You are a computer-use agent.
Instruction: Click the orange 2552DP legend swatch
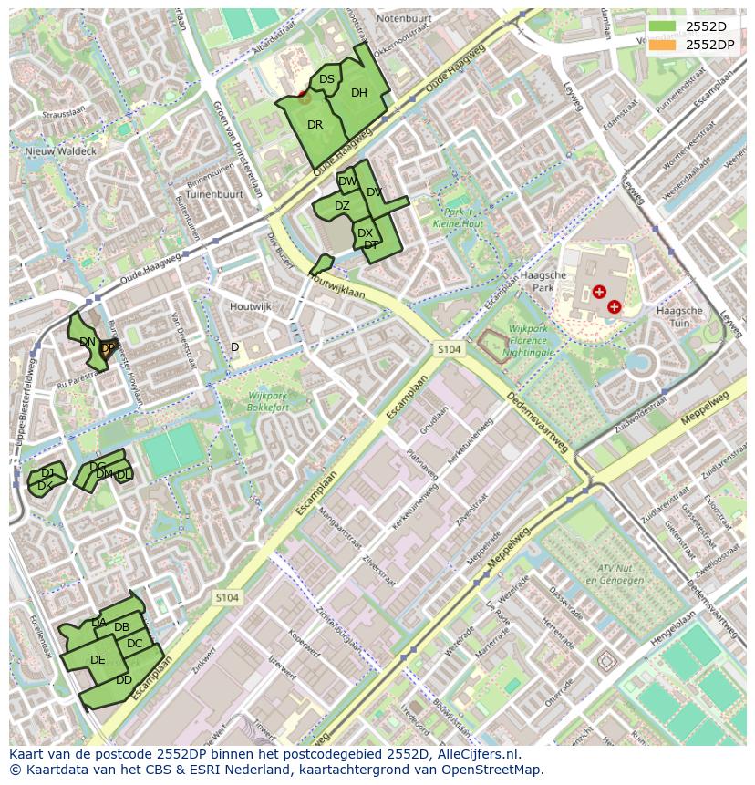point(663,45)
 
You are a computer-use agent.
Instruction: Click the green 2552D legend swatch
point(663,26)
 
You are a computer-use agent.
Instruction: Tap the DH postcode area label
point(359,93)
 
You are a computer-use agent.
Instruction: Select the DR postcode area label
point(315,125)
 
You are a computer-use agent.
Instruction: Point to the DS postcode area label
point(326,79)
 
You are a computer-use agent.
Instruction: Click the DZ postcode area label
point(342,206)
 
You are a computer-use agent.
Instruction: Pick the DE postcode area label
point(98,660)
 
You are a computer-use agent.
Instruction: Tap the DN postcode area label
point(88,342)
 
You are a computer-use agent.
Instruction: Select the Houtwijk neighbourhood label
point(251,307)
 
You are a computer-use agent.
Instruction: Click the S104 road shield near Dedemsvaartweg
point(449,349)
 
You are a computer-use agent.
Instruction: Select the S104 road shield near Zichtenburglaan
point(227,597)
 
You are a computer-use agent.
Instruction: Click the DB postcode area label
point(121,627)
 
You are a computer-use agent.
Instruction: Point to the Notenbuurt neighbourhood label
point(403,18)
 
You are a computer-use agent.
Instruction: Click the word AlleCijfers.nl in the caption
point(474,754)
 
